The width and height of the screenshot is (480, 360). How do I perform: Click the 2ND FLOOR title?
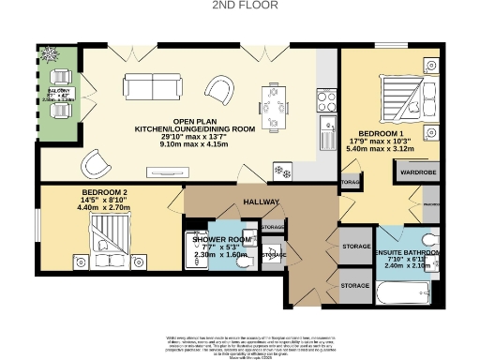tap(239, 7)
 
